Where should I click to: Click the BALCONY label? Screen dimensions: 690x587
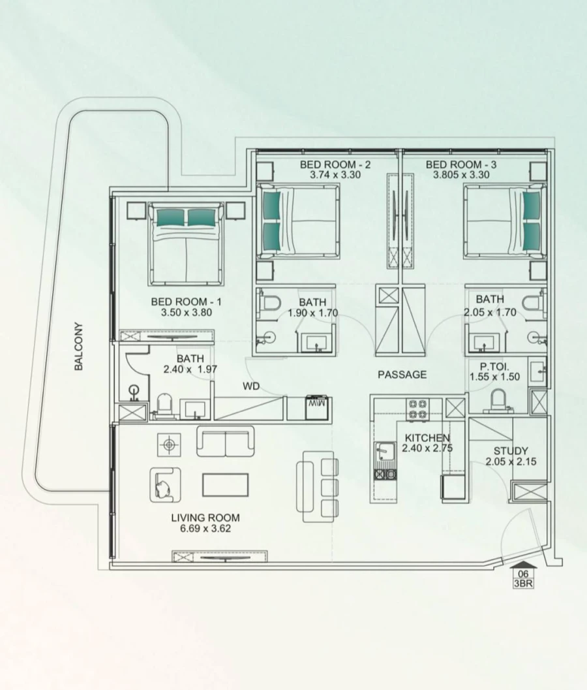click(79, 347)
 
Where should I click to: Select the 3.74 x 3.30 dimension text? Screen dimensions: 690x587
click(335, 175)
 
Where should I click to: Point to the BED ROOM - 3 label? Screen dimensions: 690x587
click(462, 165)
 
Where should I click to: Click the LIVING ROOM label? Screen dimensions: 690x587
click(205, 518)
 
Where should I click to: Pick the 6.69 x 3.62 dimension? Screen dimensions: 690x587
click(205, 529)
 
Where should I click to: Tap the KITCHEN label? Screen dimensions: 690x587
click(427, 437)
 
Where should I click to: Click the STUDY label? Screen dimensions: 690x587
click(511, 451)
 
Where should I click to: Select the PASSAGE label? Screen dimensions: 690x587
click(402, 375)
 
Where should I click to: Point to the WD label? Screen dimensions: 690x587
click(251, 386)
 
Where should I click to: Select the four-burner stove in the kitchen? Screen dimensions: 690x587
click(417, 409)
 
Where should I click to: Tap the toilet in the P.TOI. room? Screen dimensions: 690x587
click(499, 400)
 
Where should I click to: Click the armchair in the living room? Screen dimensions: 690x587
click(165, 484)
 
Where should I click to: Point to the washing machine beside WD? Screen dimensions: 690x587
click(318, 407)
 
